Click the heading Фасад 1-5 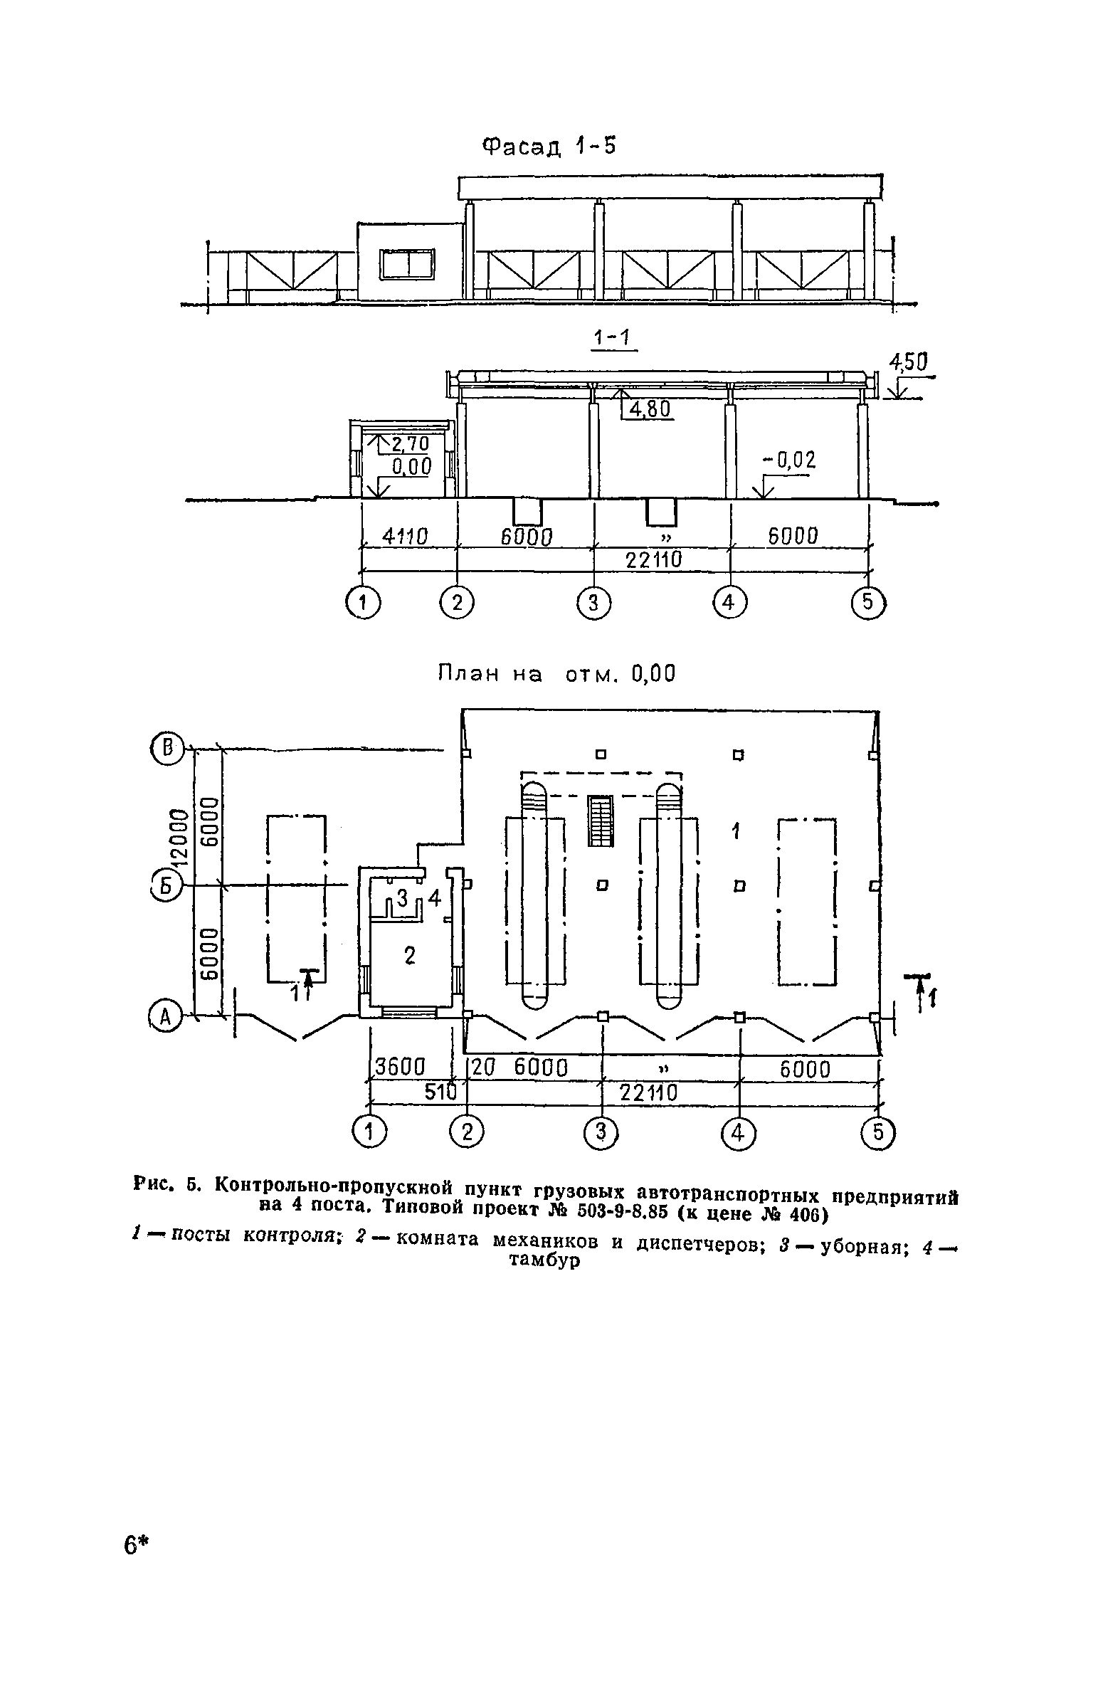[549, 147]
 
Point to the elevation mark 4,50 [909, 364]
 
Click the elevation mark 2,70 [411, 444]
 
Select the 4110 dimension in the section [405, 537]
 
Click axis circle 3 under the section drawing [594, 604]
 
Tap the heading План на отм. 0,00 [555, 673]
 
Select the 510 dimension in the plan [440, 1092]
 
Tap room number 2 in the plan [409, 957]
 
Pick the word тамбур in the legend [542, 1261]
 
